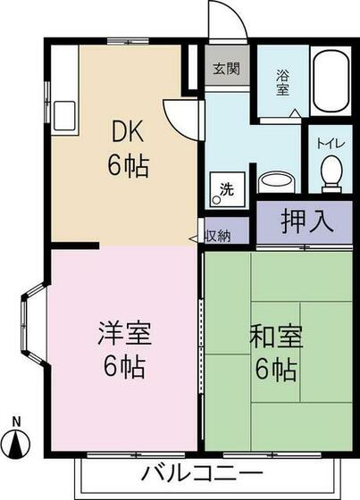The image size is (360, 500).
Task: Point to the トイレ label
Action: [x=330, y=142]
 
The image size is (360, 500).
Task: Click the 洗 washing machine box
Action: [x=227, y=189]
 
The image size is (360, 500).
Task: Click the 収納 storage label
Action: [x=218, y=236]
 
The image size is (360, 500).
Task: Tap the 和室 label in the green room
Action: [x=277, y=338]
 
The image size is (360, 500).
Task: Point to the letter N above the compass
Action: [x=16, y=421]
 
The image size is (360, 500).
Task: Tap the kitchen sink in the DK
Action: [x=65, y=115]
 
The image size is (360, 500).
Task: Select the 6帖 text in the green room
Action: [x=276, y=368]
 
